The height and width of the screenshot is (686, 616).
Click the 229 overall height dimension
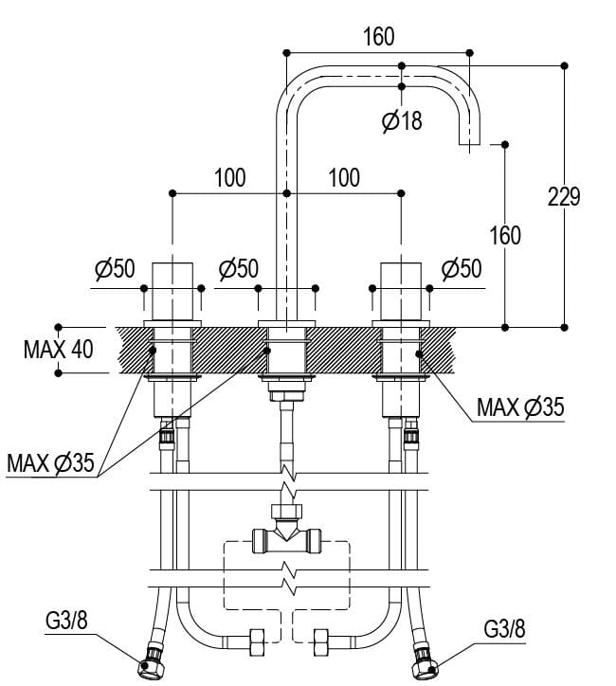(x=564, y=196)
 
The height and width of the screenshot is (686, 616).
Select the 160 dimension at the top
(x=378, y=37)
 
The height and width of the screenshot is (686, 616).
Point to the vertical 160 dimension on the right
(x=505, y=234)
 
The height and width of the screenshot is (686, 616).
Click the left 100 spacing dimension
(x=229, y=177)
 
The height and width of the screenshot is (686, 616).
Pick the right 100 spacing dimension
(x=343, y=177)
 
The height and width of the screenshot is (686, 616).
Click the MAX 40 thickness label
(x=59, y=349)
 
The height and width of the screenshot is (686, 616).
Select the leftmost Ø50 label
(x=115, y=269)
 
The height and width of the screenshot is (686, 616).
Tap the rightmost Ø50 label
(x=462, y=269)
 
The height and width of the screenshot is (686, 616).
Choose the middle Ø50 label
(x=238, y=269)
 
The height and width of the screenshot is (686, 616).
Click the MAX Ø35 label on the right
(x=520, y=407)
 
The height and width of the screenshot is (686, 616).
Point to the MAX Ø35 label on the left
(x=50, y=463)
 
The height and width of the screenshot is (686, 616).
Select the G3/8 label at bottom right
(x=505, y=627)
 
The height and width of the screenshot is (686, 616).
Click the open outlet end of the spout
(x=471, y=143)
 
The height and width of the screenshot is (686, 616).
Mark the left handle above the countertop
(x=172, y=289)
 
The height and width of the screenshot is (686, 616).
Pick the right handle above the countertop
(x=399, y=289)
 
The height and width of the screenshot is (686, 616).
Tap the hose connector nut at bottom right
(x=424, y=665)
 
